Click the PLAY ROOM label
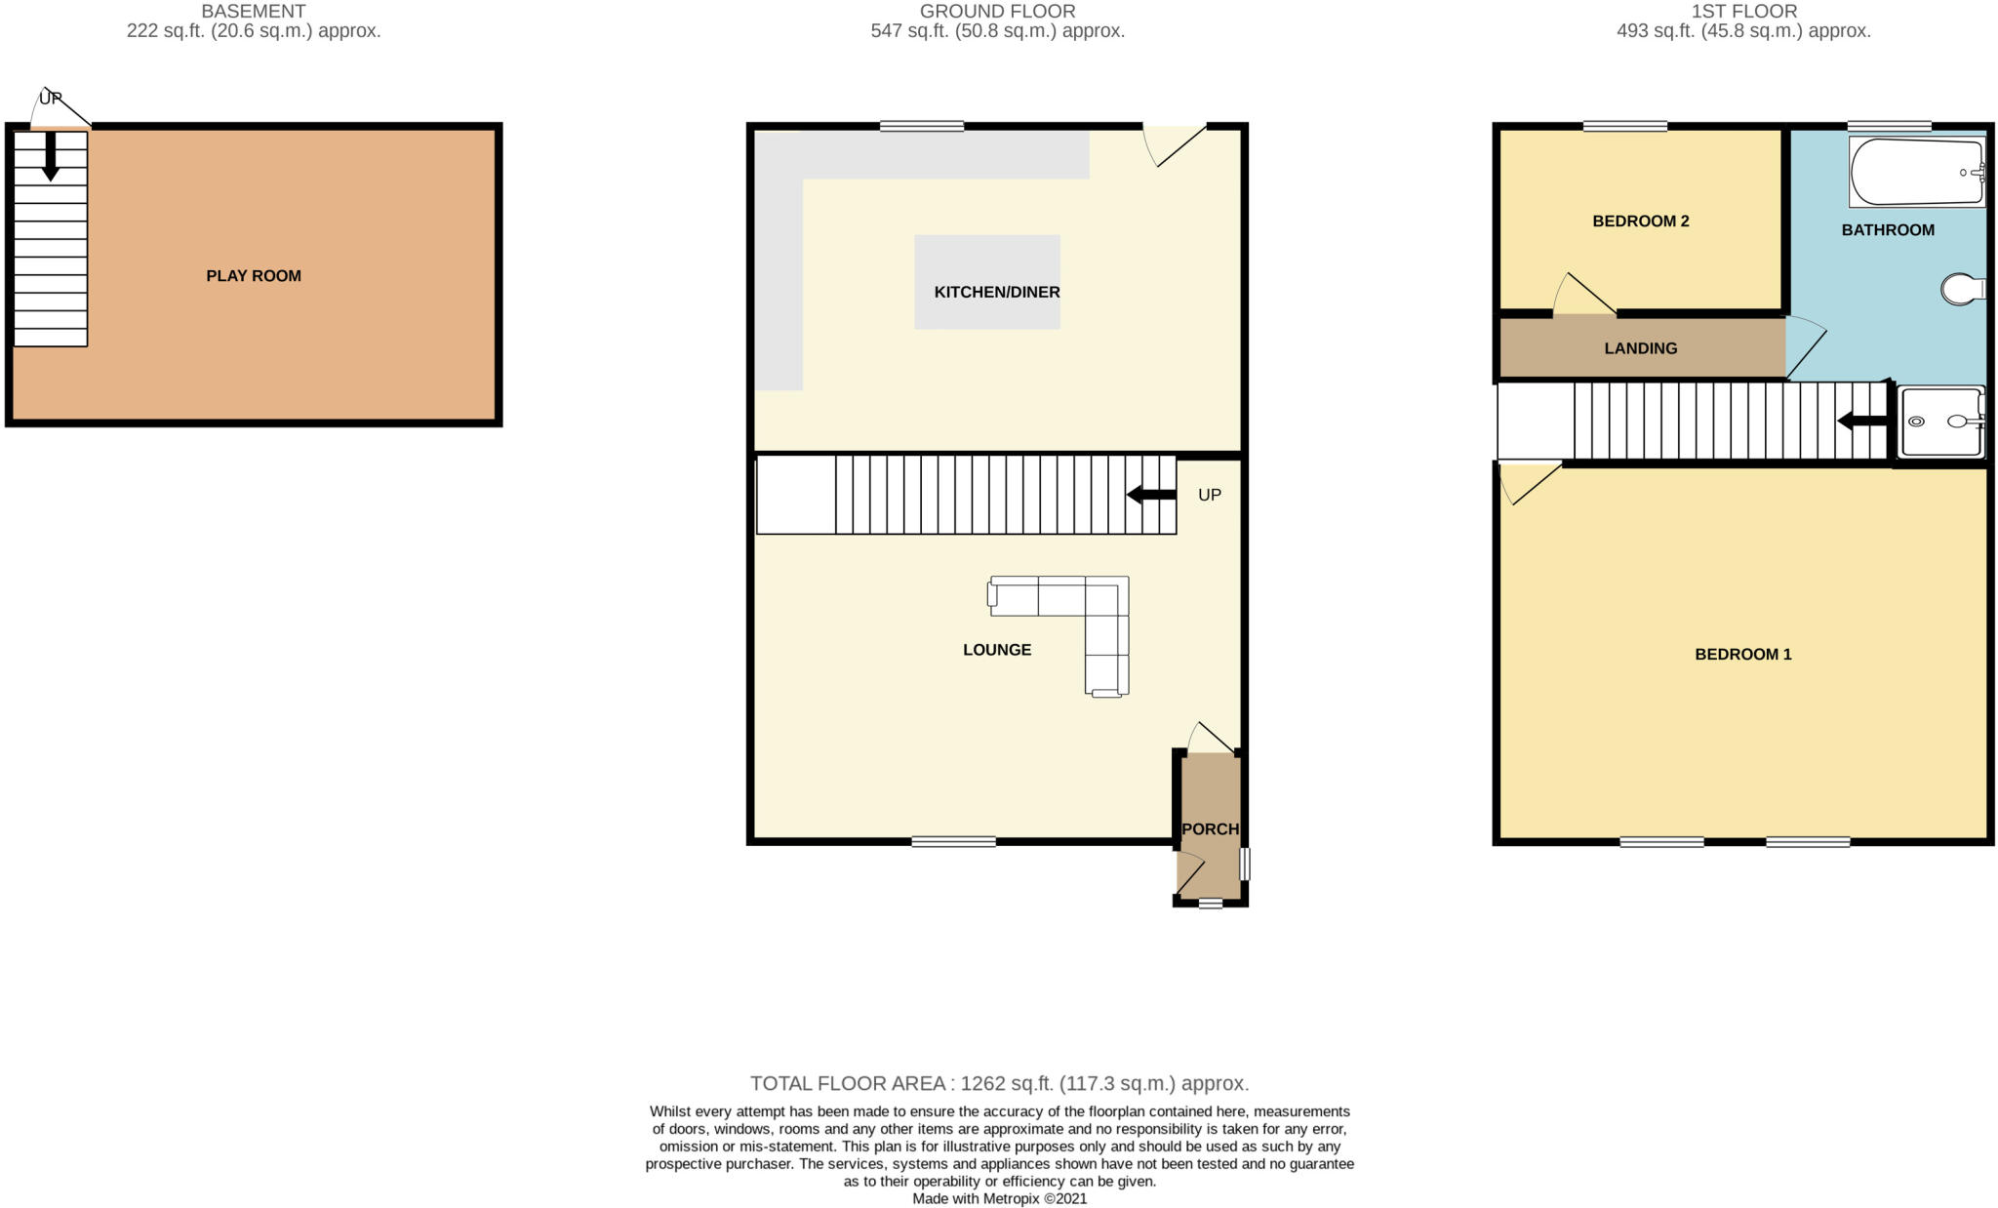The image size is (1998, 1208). pyautogui.click(x=253, y=276)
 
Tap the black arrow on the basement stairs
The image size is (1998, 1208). pyautogui.click(x=51, y=156)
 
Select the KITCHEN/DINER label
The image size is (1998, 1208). pyautogui.click(x=996, y=292)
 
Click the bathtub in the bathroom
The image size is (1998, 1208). pyautogui.click(x=1916, y=173)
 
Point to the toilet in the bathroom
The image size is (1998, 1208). pyautogui.click(x=1961, y=289)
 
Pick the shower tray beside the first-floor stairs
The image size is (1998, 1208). pyautogui.click(x=1941, y=422)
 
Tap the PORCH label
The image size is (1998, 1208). pyautogui.click(x=1210, y=828)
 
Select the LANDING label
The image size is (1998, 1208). pyautogui.click(x=1640, y=348)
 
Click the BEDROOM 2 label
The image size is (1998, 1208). pyautogui.click(x=1640, y=221)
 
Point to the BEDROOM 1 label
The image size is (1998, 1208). pyautogui.click(x=1742, y=654)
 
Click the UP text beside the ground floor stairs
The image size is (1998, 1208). pyautogui.click(x=1209, y=495)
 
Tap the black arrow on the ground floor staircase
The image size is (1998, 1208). pyautogui.click(x=1151, y=495)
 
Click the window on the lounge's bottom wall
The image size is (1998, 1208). pyautogui.click(x=953, y=841)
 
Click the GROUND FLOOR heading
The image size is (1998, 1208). pyautogui.click(x=997, y=12)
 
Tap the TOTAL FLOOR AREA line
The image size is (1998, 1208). pyautogui.click(x=998, y=1083)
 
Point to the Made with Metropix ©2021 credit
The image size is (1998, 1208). pyautogui.click(x=999, y=1198)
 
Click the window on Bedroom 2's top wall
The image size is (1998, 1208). pyautogui.click(x=1624, y=126)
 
